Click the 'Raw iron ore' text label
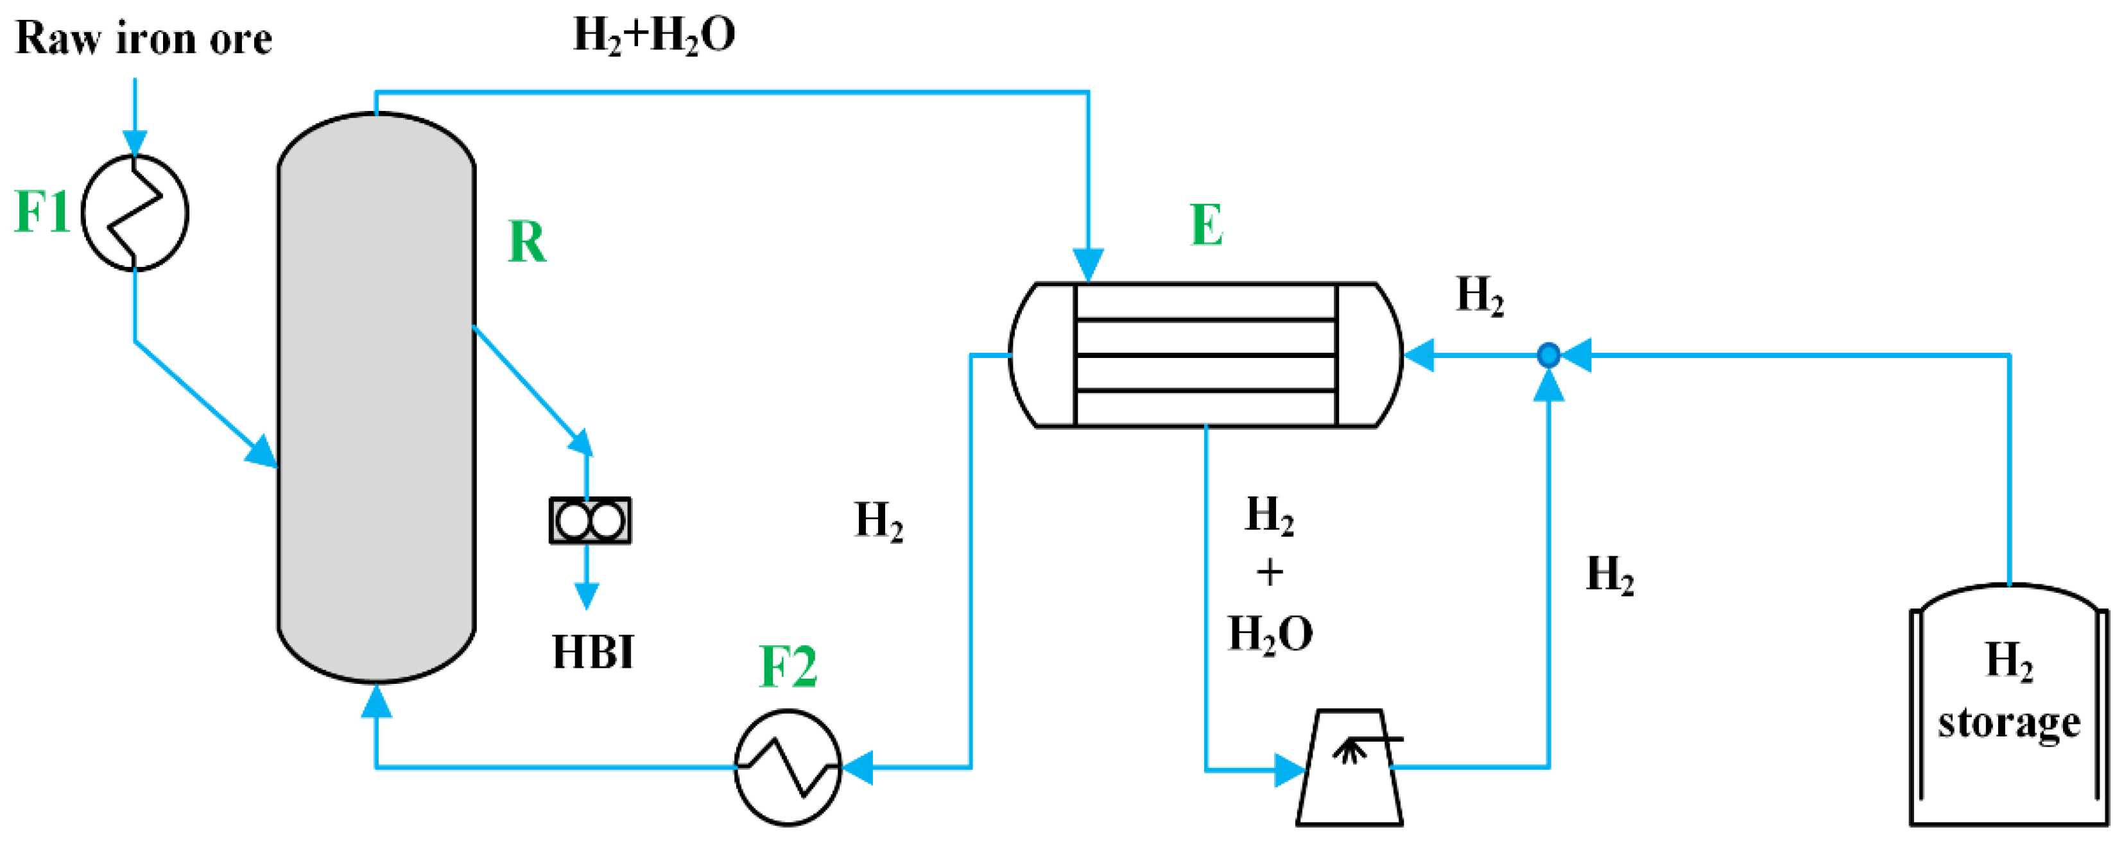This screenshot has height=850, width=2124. (144, 38)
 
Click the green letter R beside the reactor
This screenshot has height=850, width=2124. (527, 242)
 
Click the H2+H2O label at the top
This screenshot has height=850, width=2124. (654, 35)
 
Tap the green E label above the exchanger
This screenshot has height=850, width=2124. (1206, 225)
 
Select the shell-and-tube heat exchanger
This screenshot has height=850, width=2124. (1205, 355)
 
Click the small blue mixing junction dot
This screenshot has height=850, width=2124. (1548, 355)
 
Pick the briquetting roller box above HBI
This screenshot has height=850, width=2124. (591, 520)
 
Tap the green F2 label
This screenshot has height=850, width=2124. (788, 666)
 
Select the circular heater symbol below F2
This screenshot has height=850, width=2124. (788, 767)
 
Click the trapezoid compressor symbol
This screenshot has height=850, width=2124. (1350, 767)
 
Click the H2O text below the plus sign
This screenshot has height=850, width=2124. (1270, 634)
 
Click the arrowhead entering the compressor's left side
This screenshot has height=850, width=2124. (1290, 770)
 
